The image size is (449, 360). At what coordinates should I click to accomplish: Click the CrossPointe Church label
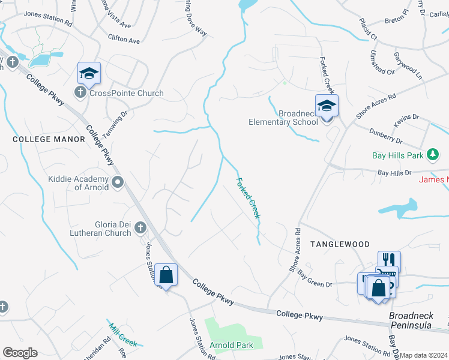(126, 93)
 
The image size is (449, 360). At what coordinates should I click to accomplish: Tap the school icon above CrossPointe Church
(89, 74)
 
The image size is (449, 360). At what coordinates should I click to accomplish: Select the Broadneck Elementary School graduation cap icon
(327, 106)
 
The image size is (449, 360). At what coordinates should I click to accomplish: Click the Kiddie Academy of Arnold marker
(117, 182)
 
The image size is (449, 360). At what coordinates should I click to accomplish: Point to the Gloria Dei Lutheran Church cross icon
(140, 227)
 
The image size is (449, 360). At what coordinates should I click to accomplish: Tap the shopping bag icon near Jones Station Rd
(166, 275)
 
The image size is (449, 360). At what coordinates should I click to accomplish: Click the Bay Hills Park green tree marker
(432, 155)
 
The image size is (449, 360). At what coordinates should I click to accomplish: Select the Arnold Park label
(231, 345)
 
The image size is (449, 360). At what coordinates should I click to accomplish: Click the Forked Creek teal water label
(248, 198)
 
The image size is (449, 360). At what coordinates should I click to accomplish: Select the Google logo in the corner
(20, 353)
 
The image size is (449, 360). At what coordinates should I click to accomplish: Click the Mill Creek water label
(123, 335)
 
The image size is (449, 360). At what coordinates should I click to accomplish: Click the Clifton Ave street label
(124, 40)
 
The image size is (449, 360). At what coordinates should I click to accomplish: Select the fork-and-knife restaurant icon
(389, 260)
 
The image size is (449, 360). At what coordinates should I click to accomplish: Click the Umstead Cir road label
(382, 62)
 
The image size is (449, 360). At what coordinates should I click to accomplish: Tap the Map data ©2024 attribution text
(424, 355)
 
